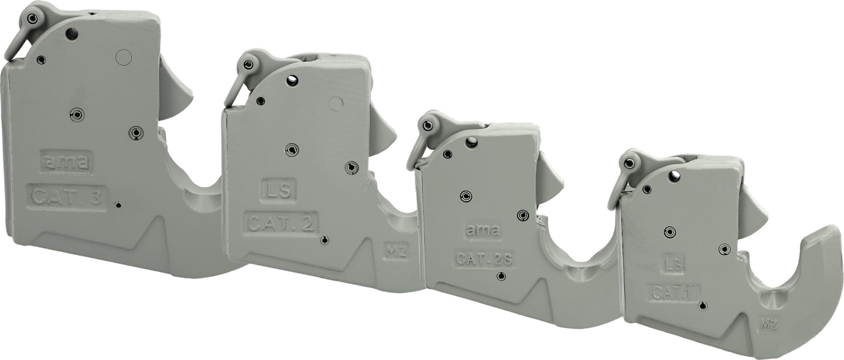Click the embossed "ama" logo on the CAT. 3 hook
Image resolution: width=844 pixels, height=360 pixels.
click(66, 162)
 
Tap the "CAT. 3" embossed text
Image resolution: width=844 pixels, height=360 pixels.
click(67, 198)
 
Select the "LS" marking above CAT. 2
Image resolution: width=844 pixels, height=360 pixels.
click(278, 191)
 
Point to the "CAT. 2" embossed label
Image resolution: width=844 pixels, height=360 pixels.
click(281, 224)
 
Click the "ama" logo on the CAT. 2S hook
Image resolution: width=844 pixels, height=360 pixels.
click(483, 230)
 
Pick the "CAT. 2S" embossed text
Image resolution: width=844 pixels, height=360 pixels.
click(484, 259)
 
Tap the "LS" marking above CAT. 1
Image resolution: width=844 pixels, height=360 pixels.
click(674, 263)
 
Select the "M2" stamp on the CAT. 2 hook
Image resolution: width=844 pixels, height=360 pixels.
click(396, 252)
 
